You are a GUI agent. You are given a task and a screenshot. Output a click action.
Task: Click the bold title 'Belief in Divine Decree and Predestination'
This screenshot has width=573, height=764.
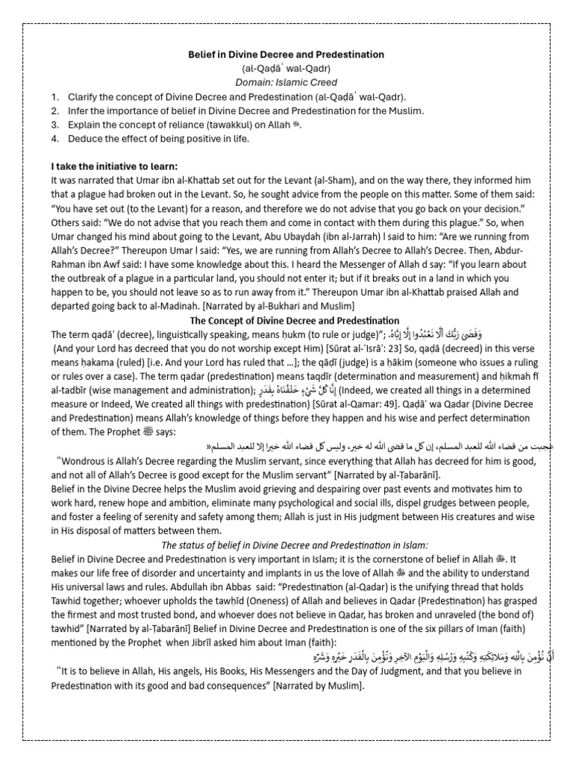click(286, 54)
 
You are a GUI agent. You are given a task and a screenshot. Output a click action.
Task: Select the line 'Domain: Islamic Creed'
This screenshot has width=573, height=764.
click(286, 82)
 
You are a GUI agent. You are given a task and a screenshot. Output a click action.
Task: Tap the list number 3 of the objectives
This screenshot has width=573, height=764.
click(54, 124)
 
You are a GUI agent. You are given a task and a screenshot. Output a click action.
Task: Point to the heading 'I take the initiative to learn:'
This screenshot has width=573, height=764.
click(114, 166)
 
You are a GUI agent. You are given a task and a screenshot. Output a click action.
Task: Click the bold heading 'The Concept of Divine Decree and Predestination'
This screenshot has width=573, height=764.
click(286, 319)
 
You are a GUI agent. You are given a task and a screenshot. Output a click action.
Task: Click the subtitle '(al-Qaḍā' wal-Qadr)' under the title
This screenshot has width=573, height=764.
click(286, 69)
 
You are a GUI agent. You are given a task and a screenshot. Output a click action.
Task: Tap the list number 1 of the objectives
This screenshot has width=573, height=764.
click(54, 96)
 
